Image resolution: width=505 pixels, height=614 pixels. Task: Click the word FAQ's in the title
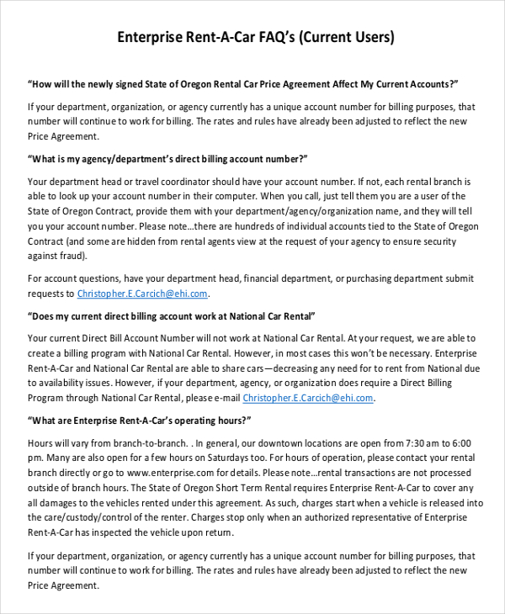[273, 37]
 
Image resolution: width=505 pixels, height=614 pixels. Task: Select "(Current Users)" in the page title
[346, 37]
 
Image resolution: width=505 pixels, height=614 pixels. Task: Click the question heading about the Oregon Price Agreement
[243, 84]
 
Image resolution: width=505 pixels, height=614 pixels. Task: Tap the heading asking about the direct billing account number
[167, 158]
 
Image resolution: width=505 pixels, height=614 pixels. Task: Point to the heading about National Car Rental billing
[172, 315]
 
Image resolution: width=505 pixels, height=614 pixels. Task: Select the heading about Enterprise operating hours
[140, 421]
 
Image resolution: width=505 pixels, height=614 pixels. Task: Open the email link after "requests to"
[142, 294]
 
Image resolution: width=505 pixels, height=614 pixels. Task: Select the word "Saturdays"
[220, 458]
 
